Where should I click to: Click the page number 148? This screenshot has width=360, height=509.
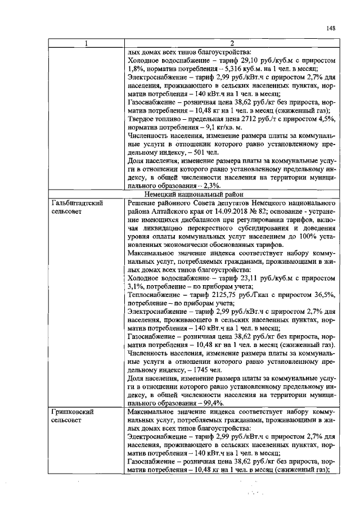point(331,29)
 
